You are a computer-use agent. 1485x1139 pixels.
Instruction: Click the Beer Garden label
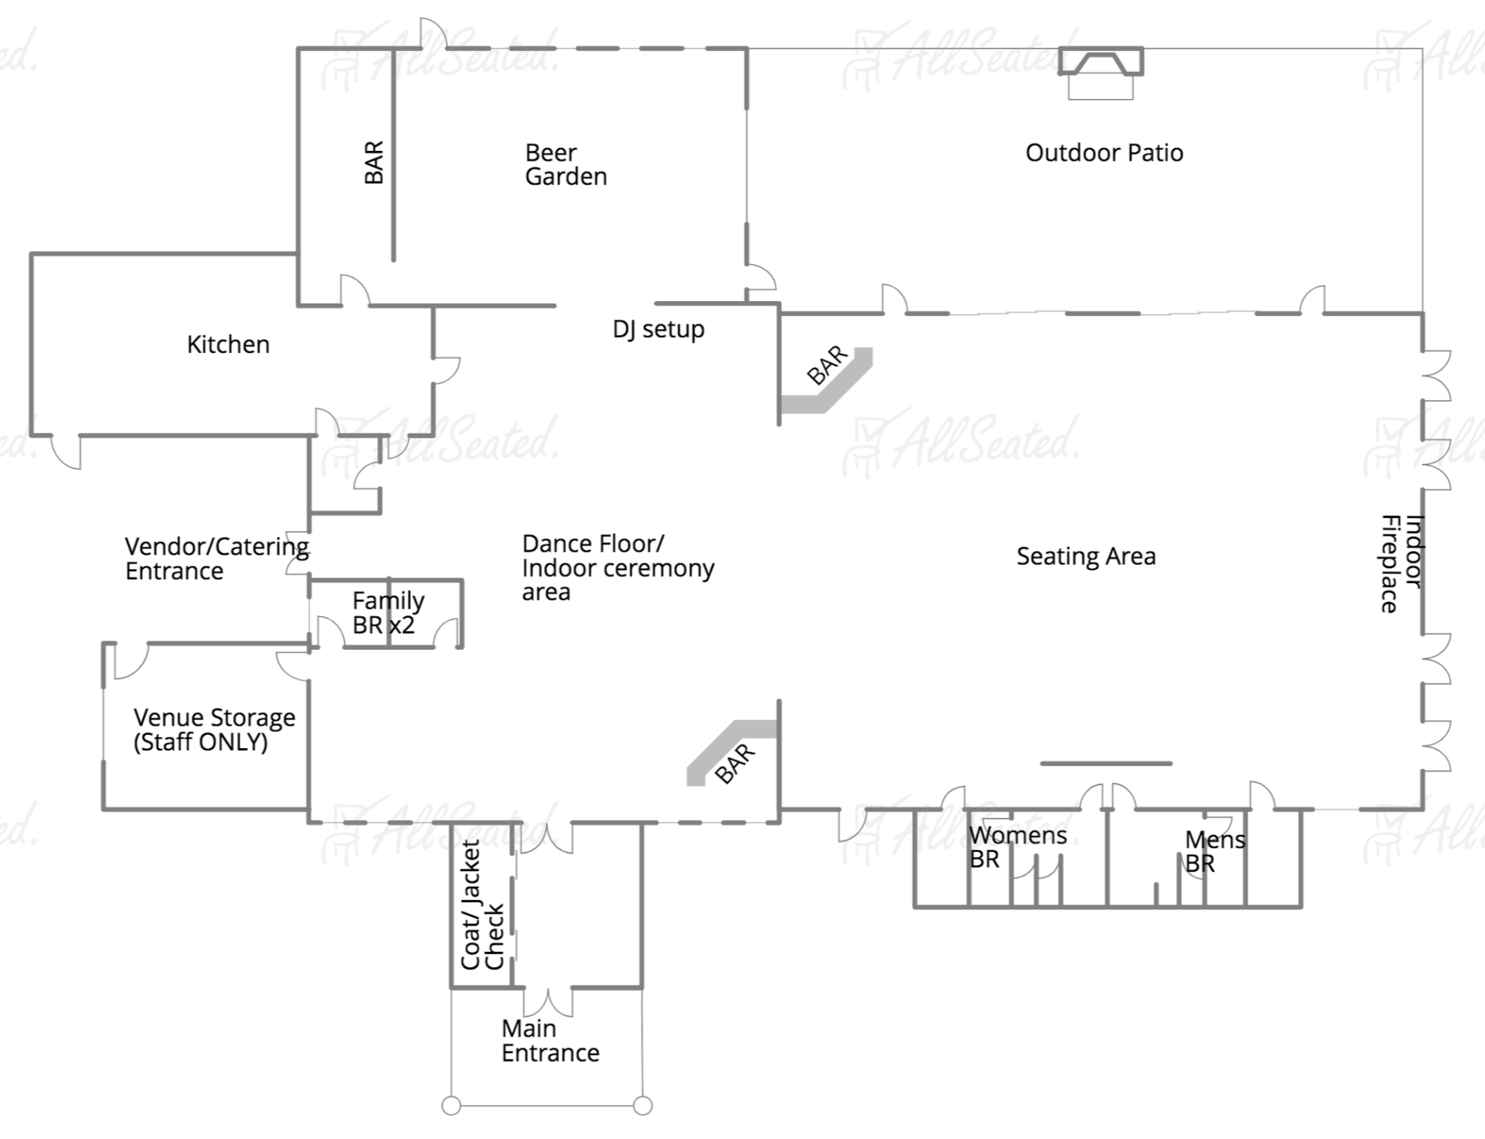[x=566, y=164]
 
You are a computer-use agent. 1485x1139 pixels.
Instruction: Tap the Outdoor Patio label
[x=1104, y=153]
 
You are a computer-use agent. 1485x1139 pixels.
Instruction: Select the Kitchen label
[x=229, y=344]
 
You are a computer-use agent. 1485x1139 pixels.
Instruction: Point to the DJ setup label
[x=658, y=329]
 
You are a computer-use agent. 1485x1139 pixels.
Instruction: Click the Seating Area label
[x=1086, y=557]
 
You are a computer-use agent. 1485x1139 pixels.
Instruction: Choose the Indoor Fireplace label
[x=1402, y=564]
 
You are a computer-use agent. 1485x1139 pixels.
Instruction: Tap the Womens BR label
[x=1017, y=847]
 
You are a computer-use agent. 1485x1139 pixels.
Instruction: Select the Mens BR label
[x=1215, y=851]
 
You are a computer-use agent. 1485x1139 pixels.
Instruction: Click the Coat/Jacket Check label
[x=483, y=905]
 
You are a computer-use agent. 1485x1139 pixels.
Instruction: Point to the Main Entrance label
[x=550, y=1041]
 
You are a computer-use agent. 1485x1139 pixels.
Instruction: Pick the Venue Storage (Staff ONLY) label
[x=214, y=730]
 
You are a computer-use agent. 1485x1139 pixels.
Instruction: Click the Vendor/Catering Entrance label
[x=217, y=558]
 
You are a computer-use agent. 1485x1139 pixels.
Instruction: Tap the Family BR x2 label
[x=388, y=613]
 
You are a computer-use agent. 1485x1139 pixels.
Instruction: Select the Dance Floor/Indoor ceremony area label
[x=618, y=567]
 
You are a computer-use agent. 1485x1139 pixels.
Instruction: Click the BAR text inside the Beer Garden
[x=374, y=162]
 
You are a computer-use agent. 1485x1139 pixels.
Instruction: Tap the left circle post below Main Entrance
[x=451, y=1106]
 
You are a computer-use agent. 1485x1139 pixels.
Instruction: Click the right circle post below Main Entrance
[x=643, y=1106]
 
